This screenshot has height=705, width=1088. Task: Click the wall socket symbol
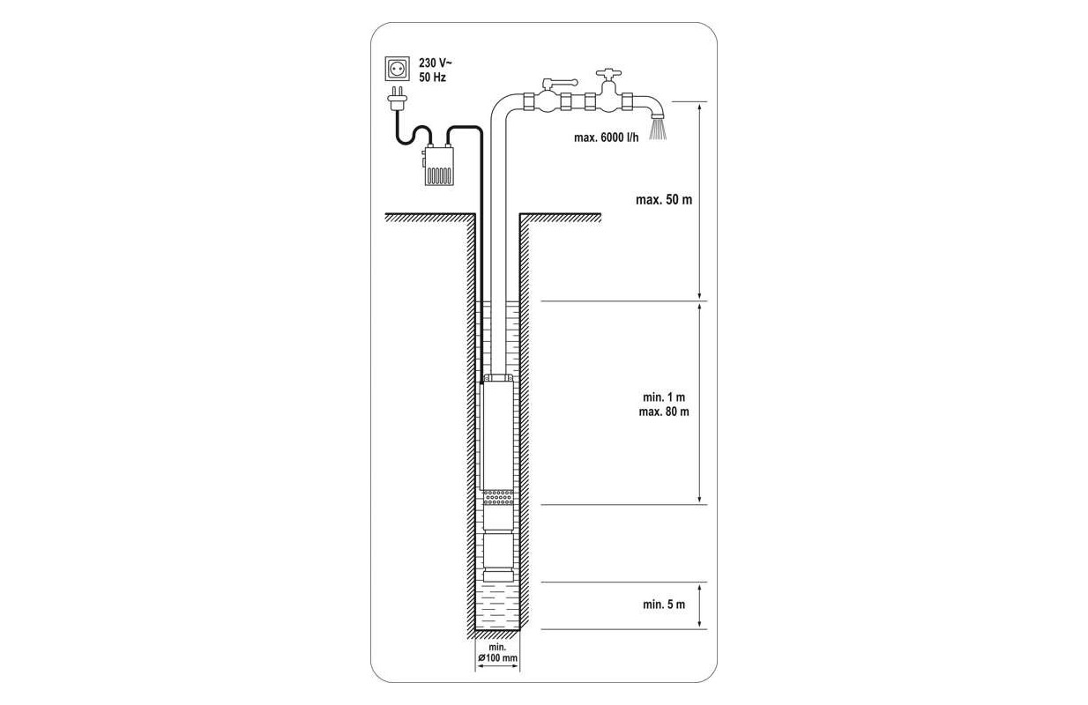[x=397, y=69]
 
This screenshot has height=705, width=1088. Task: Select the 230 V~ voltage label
[x=436, y=63]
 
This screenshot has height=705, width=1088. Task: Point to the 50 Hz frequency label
[x=432, y=78]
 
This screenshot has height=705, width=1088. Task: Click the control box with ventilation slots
[x=438, y=166]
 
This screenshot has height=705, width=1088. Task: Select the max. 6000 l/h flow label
[x=607, y=137]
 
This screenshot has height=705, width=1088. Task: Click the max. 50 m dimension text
[x=664, y=199]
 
